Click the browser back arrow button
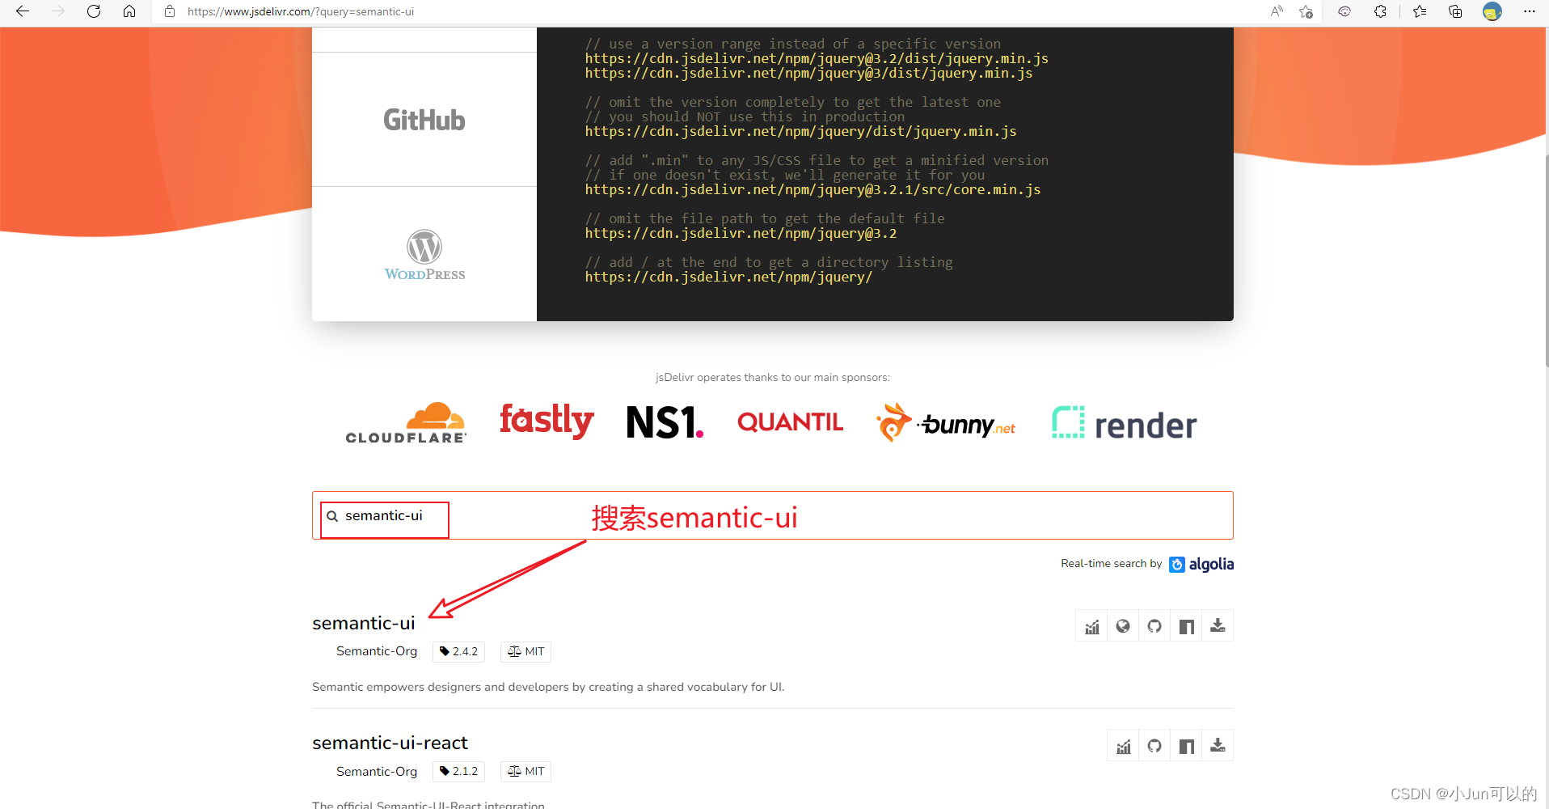pyautogui.click(x=23, y=11)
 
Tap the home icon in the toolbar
pyautogui.click(x=129, y=11)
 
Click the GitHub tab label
pyautogui.click(x=424, y=120)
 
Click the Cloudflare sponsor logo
pyautogui.click(x=406, y=423)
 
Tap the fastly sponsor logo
pyautogui.click(x=547, y=421)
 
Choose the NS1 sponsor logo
pyautogui.click(x=665, y=422)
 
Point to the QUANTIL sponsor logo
pyautogui.click(x=790, y=422)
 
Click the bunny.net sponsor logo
pyautogui.click(x=946, y=423)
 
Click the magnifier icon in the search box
pyautogui.click(x=332, y=516)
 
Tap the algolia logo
pyautogui.click(x=1201, y=564)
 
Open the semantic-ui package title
pyautogui.click(x=364, y=623)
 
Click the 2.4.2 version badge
pyautogui.click(x=458, y=651)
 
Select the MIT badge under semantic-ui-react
pyautogui.click(x=525, y=771)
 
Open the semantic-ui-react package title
pyautogui.click(x=390, y=743)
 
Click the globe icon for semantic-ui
pyautogui.click(x=1123, y=626)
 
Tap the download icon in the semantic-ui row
pyautogui.click(x=1218, y=626)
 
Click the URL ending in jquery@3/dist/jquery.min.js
pyautogui.click(x=808, y=73)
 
